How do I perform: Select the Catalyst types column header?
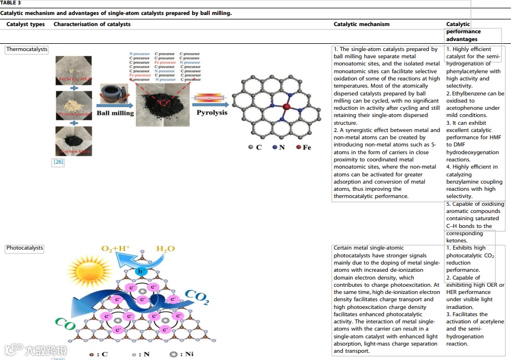[x=26, y=24]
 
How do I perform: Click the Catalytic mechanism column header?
[x=361, y=24]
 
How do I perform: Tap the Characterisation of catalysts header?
[x=92, y=24]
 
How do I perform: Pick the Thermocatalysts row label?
[x=27, y=49]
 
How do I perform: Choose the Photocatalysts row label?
[x=25, y=248]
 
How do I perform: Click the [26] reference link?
[x=58, y=162]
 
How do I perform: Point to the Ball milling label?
[x=115, y=113]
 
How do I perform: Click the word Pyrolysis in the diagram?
[x=212, y=112]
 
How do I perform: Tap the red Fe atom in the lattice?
[x=287, y=107]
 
